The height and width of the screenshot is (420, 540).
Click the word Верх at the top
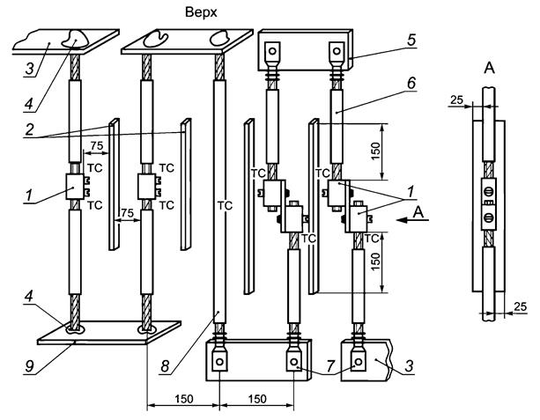coord(201,12)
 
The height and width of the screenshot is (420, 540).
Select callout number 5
coord(411,40)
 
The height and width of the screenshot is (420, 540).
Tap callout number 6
coord(411,83)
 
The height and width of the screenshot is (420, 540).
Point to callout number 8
coord(166,366)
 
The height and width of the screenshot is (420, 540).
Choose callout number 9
coord(29,366)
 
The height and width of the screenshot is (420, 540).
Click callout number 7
coord(330,366)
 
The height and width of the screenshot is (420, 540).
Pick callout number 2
coord(30,129)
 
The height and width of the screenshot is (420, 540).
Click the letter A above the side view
coord(490,68)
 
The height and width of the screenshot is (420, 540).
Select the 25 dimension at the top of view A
coord(456,99)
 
